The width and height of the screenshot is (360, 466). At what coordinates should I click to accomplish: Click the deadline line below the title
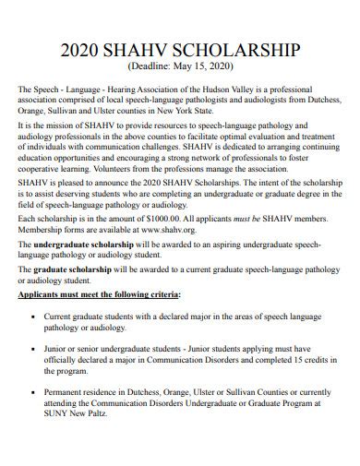[x=179, y=66]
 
